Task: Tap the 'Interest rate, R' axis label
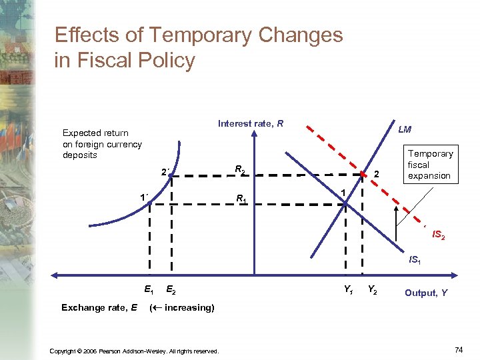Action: (x=250, y=123)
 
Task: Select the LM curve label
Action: (x=405, y=129)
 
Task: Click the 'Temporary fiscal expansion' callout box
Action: (x=430, y=165)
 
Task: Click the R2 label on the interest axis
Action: (x=241, y=171)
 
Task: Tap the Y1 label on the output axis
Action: (x=348, y=289)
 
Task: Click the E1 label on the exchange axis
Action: (x=149, y=289)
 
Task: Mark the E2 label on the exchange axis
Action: (x=170, y=290)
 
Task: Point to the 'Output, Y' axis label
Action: (x=426, y=293)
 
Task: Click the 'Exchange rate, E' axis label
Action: (x=99, y=307)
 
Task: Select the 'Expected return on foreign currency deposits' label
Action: (x=101, y=144)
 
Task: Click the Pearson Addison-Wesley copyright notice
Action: (x=135, y=351)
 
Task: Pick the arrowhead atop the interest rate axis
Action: (x=254, y=132)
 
